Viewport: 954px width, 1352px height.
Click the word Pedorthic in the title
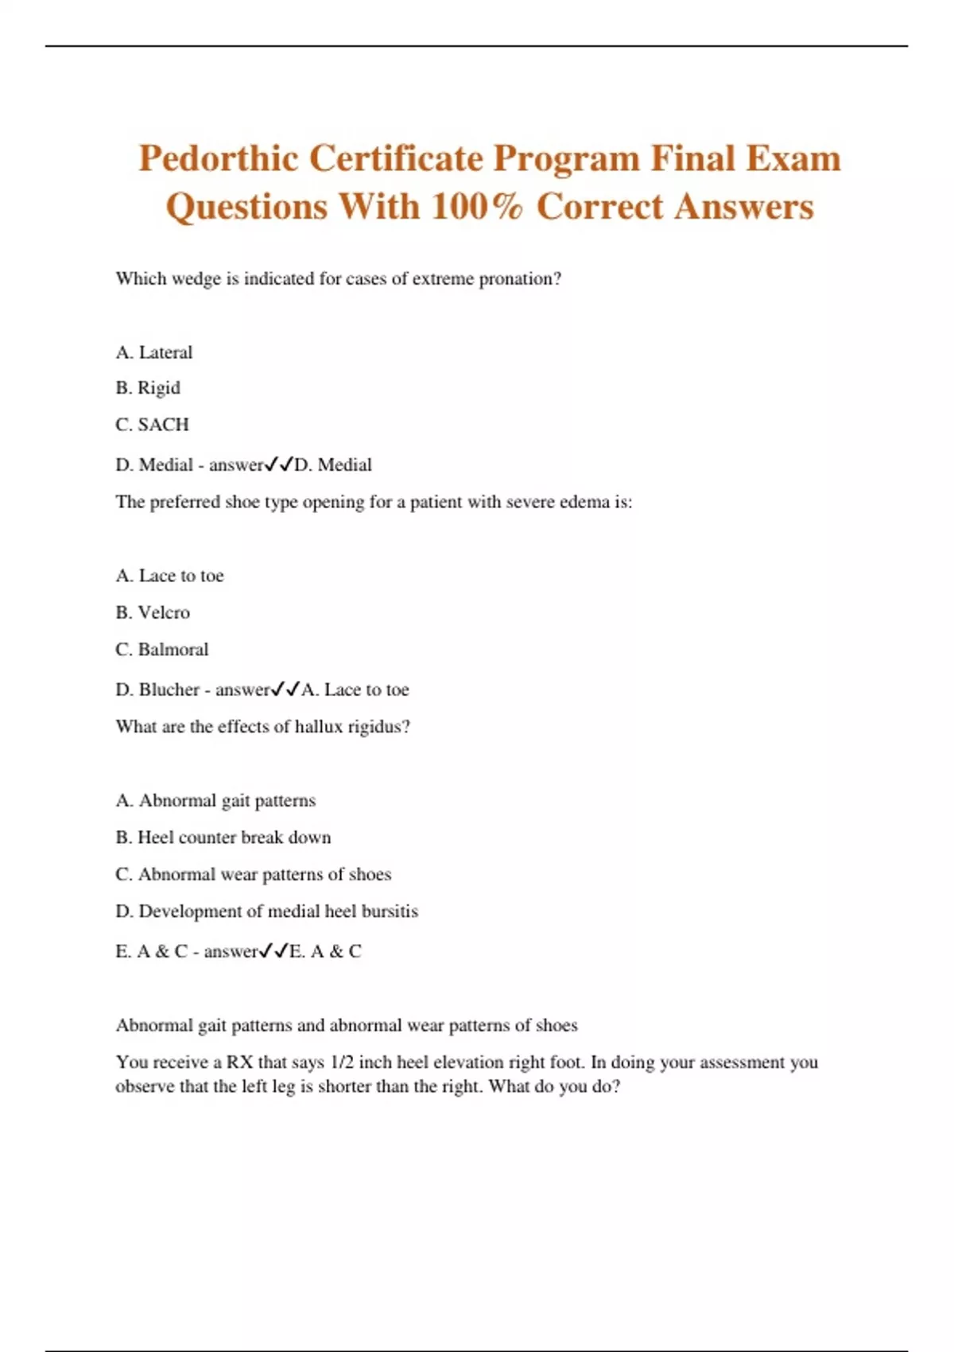(x=218, y=158)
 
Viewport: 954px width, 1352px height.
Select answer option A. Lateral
(x=154, y=352)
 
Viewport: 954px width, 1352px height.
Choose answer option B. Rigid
(x=148, y=388)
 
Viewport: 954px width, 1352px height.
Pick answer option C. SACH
(x=152, y=425)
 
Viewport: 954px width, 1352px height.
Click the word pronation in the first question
(x=520, y=279)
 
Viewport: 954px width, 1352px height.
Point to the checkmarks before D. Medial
(x=279, y=464)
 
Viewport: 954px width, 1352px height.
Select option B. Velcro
(x=153, y=612)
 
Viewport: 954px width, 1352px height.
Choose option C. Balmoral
(x=162, y=650)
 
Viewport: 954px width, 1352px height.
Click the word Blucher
(x=169, y=690)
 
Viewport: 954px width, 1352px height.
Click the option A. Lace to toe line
(x=169, y=576)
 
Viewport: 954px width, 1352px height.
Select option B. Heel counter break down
(x=223, y=837)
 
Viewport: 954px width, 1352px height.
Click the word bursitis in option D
(x=390, y=911)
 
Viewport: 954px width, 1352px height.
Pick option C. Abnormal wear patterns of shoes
(x=254, y=875)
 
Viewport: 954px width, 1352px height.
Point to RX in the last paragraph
(x=239, y=1063)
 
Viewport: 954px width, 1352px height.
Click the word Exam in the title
(x=793, y=158)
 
